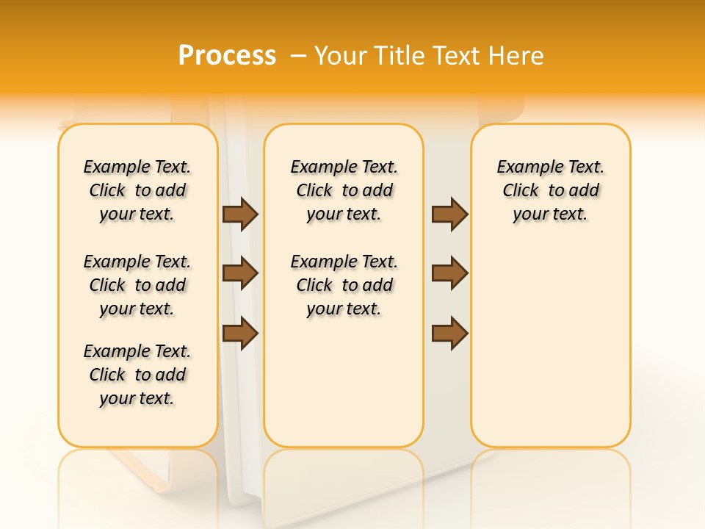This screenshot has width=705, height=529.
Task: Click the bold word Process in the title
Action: [227, 56]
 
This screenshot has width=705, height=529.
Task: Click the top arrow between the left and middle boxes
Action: [240, 214]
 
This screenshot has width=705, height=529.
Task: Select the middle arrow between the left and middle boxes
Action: [240, 273]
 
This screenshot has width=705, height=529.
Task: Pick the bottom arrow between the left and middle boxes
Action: [240, 334]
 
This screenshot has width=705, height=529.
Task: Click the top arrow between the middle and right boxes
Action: [449, 214]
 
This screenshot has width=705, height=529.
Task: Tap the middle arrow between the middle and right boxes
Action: [449, 273]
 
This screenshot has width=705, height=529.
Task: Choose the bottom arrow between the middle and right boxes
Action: [449, 334]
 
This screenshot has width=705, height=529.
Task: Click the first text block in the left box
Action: [137, 190]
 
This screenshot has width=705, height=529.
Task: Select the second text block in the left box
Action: [137, 285]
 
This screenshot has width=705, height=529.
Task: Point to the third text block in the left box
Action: [137, 375]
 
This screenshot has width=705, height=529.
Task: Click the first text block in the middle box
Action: [344, 190]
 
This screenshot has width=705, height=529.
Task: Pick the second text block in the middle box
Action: [344, 285]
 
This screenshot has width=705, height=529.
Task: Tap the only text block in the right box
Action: [550, 190]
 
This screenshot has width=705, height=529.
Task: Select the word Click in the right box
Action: [521, 190]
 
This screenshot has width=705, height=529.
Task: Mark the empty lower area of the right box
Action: [550, 345]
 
